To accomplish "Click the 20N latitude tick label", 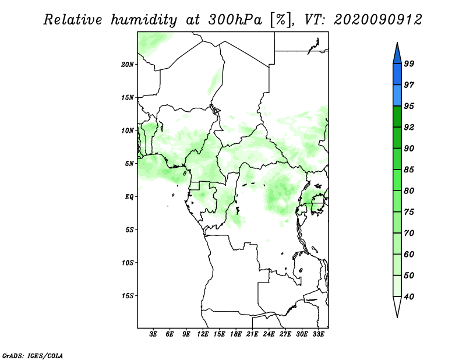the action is point(128,64).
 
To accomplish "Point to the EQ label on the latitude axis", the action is point(129,197).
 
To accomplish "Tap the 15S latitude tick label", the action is point(128,296).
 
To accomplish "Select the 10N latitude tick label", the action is point(128,130).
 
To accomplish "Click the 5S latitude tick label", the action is point(129,230).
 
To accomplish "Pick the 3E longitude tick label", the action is point(153,334).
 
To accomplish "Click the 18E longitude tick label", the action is point(236,334).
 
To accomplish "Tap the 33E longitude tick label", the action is point(318,334).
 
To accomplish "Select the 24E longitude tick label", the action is point(269,334).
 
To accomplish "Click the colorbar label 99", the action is point(409,63).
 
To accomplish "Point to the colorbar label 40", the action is point(409,297).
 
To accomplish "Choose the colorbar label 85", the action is point(409,170).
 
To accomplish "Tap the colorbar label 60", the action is point(409,254).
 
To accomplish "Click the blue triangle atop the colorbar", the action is point(397,55).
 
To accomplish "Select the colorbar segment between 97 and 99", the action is point(397,75).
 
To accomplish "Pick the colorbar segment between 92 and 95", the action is point(397,117).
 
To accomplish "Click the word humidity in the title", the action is point(144,20).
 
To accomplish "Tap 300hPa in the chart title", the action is point(235,20).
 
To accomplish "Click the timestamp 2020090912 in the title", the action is point(377,20).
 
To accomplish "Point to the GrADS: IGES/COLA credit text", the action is point(33,355).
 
